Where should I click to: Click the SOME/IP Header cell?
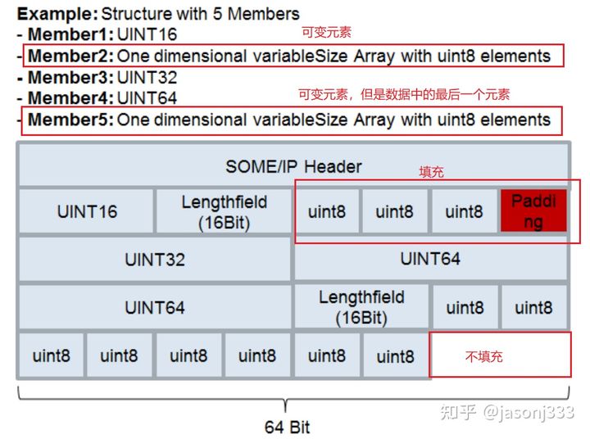tap(293, 166)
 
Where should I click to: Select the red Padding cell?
tap(533, 211)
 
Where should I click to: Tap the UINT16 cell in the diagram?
tap(87, 211)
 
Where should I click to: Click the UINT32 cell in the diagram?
tap(155, 260)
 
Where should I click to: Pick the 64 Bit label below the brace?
tap(288, 427)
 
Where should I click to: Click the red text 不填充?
tap(484, 356)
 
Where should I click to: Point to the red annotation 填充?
tap(431, 173)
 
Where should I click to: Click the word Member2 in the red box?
tap(69, 57)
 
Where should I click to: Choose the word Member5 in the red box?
tap(69, 120)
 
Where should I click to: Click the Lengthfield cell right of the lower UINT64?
tap(361, 306)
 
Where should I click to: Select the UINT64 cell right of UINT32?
tap(430, 259)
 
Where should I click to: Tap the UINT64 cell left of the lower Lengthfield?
tap(155, 307)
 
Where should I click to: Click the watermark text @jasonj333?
tap(528, 412)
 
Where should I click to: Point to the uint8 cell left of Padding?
tap(464, 211)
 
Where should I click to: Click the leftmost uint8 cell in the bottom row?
tap(52, 355)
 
